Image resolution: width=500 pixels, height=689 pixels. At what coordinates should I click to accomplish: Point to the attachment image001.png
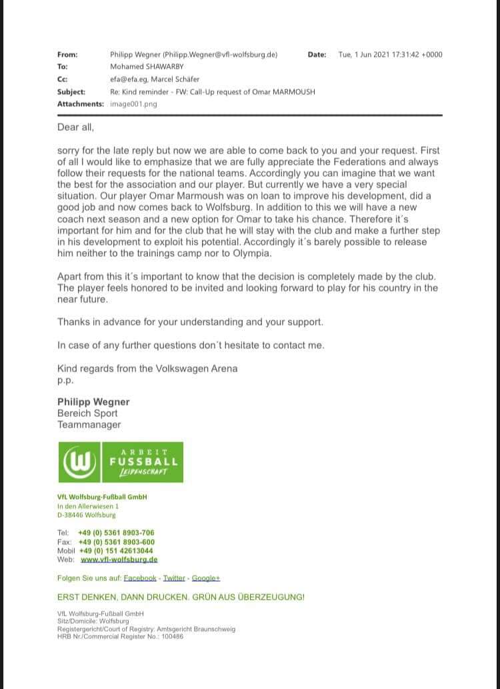coord(133,104)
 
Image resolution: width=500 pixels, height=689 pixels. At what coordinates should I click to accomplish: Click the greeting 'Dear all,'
coord(75,127)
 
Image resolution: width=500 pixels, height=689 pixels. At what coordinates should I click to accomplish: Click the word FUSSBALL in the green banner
coord(143,461)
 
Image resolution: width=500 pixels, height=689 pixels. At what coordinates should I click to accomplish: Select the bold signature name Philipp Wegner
coord(93,402)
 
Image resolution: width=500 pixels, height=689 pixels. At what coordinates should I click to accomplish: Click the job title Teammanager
coord(89,424)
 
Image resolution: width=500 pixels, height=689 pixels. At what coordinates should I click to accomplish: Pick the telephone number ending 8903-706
coord(116,533)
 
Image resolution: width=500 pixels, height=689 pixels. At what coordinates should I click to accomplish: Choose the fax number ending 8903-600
coord(116,542)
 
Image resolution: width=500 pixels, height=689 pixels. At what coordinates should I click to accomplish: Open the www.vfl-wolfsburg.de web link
coord(119,560)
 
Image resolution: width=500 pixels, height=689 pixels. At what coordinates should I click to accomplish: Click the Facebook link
coord(140,578)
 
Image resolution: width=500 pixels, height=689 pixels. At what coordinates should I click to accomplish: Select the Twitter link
coord(174,578)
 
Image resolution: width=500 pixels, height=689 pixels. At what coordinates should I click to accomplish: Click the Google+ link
coord(206,578)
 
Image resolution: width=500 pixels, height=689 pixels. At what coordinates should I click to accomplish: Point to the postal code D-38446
coord(71,515)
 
